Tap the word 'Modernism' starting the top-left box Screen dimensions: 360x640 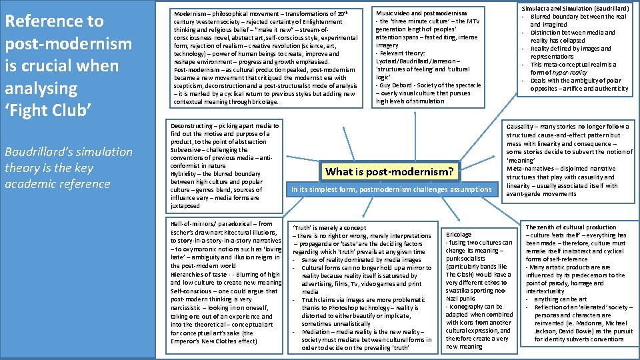[189, 13]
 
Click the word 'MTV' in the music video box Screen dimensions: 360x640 [474, 21]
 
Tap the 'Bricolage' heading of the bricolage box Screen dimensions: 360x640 [459, 235]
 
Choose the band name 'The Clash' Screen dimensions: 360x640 [460, 275]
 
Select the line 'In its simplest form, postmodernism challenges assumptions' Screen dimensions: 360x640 [392, 189]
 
